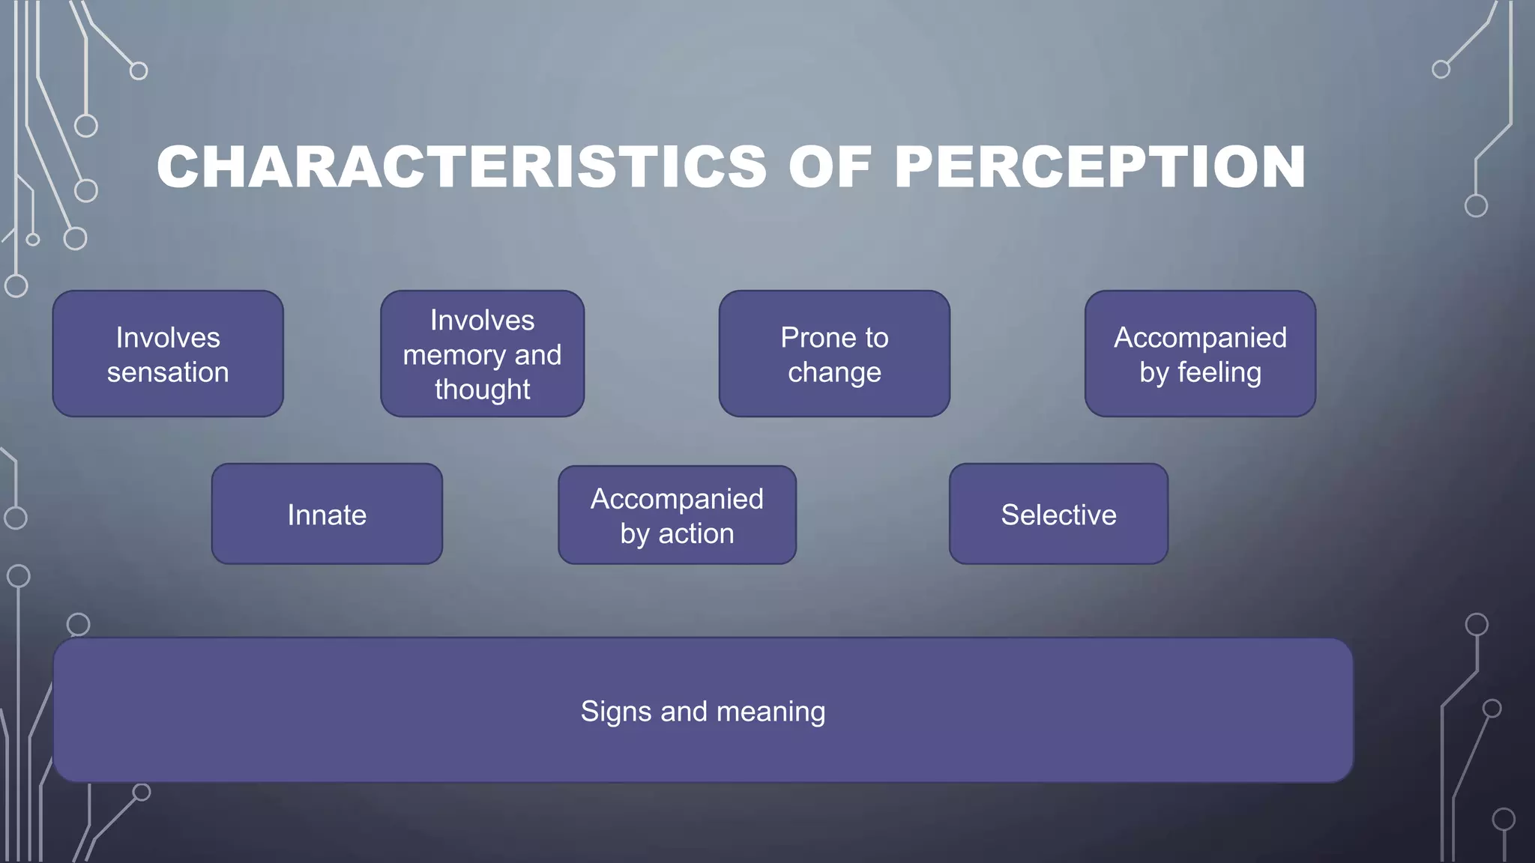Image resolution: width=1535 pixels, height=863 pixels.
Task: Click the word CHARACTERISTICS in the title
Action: click(462, 166)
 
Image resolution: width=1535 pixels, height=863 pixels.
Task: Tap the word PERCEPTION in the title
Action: click(1100, 166)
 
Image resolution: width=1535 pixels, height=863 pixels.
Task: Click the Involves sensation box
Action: click(168, 354)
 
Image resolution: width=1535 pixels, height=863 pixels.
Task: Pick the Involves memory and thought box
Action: click(482, 354)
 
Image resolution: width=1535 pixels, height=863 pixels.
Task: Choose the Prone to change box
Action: click(834, 354)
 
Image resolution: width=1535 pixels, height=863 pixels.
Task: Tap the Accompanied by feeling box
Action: click(1200, 354)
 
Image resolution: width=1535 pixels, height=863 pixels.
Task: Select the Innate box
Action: click(327, 514)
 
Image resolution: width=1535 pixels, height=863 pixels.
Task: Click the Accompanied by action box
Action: click(677, 515)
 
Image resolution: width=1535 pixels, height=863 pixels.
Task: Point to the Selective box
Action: click(1058, 514)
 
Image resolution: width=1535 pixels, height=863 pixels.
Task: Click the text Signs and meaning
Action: click(703, 711)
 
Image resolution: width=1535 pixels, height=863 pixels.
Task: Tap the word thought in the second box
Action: click(482, 390)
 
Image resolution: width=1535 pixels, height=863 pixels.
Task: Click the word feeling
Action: click(1219, 372)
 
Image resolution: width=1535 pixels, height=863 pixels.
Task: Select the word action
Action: click(696, 533)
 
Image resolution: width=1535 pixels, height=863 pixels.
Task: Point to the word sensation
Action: click(168, 372)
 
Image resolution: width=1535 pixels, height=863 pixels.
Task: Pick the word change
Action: click(834, 372)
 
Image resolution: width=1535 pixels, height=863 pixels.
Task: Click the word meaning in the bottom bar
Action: click(770, 712)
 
